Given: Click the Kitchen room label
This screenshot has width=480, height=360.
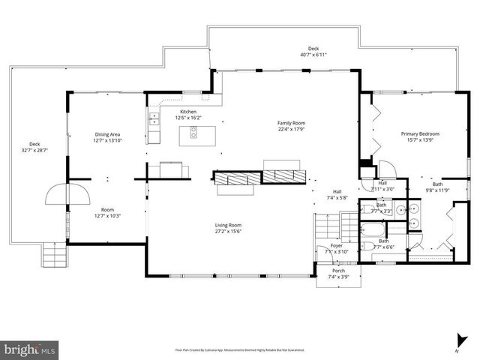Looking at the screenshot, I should tap(187, 112).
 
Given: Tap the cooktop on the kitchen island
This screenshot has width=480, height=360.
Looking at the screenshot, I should tap(193, 134).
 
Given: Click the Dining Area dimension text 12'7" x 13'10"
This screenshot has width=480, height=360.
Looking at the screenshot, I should tap(108, 141).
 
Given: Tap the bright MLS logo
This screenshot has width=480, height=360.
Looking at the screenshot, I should tap(30, 349).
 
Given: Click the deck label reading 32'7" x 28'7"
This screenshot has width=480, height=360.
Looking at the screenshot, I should tap(34, 148).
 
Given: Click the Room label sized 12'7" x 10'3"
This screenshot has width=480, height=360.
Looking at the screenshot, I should tap(108, 212).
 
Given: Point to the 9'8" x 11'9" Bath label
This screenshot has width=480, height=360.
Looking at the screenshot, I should tap(437, 187).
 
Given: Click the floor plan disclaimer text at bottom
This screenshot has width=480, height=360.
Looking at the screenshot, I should tap(240, 349).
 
